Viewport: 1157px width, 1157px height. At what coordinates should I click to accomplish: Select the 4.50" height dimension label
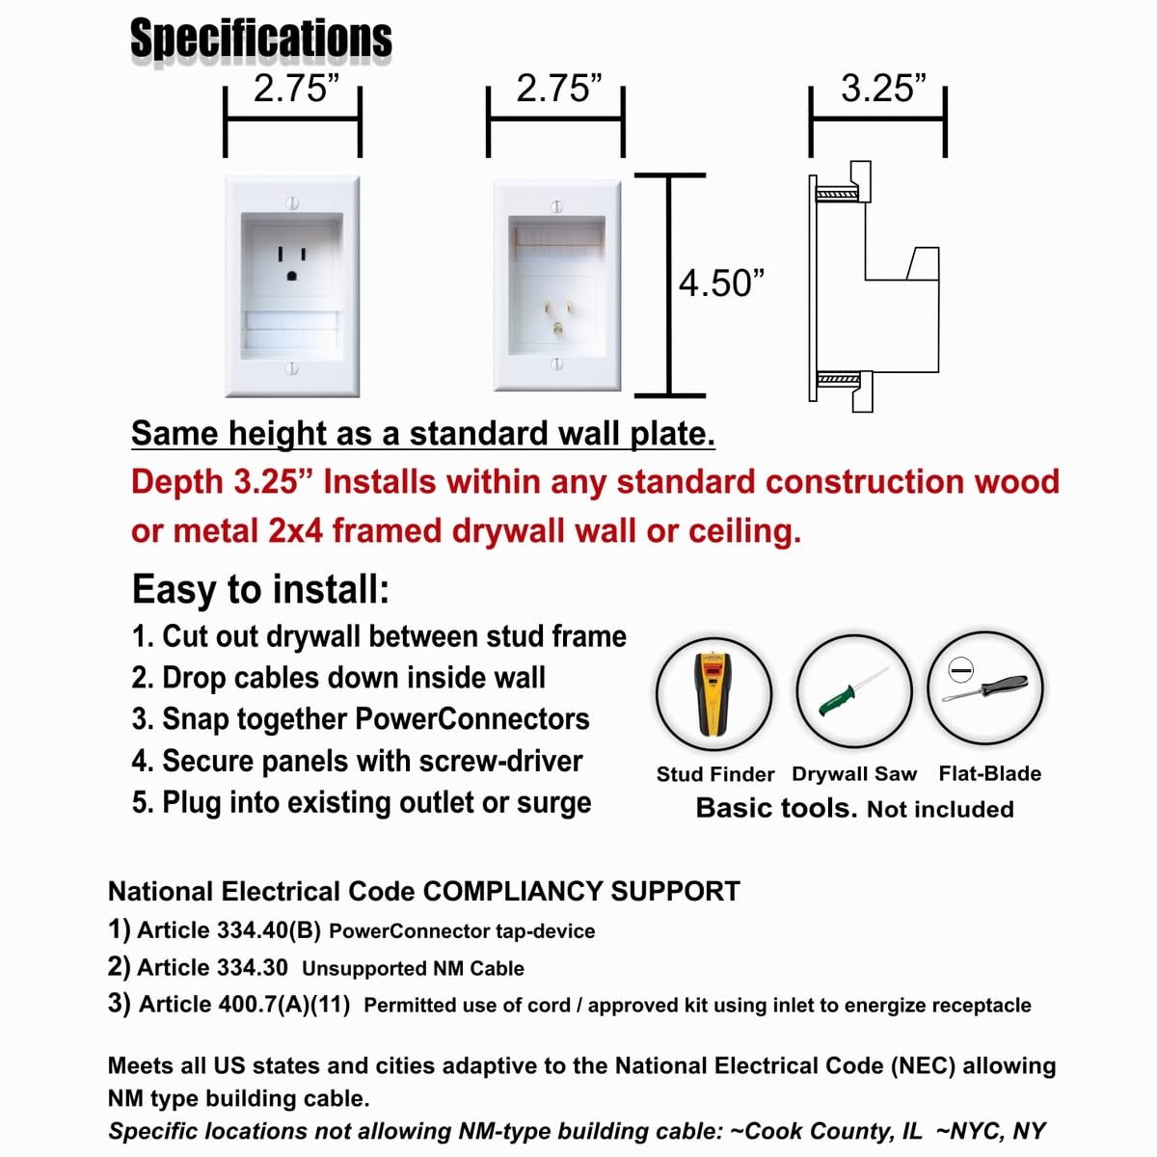tap(721, 283)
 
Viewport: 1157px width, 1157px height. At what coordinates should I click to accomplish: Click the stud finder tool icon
tap(714, 692)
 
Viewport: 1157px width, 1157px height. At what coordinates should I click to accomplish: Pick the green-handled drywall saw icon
tap(854, 691)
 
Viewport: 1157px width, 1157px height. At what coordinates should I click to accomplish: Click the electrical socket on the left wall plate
tap(292, 262)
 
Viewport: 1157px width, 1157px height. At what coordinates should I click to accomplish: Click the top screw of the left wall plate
tap(292, 203)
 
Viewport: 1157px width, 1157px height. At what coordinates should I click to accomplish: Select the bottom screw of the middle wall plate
tap(556, 364)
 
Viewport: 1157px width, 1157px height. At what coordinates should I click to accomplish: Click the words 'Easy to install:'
tap(260, 589)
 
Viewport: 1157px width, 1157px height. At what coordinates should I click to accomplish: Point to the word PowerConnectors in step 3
tap(472, 719)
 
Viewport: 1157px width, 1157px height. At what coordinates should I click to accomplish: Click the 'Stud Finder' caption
tap(715, 774)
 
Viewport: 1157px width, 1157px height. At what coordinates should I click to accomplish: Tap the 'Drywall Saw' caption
tap(854, 774)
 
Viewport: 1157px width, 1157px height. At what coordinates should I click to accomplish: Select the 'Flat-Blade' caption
tap(990, 773)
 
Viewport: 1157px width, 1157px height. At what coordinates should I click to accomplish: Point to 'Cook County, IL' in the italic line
tap(833, 1131)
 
